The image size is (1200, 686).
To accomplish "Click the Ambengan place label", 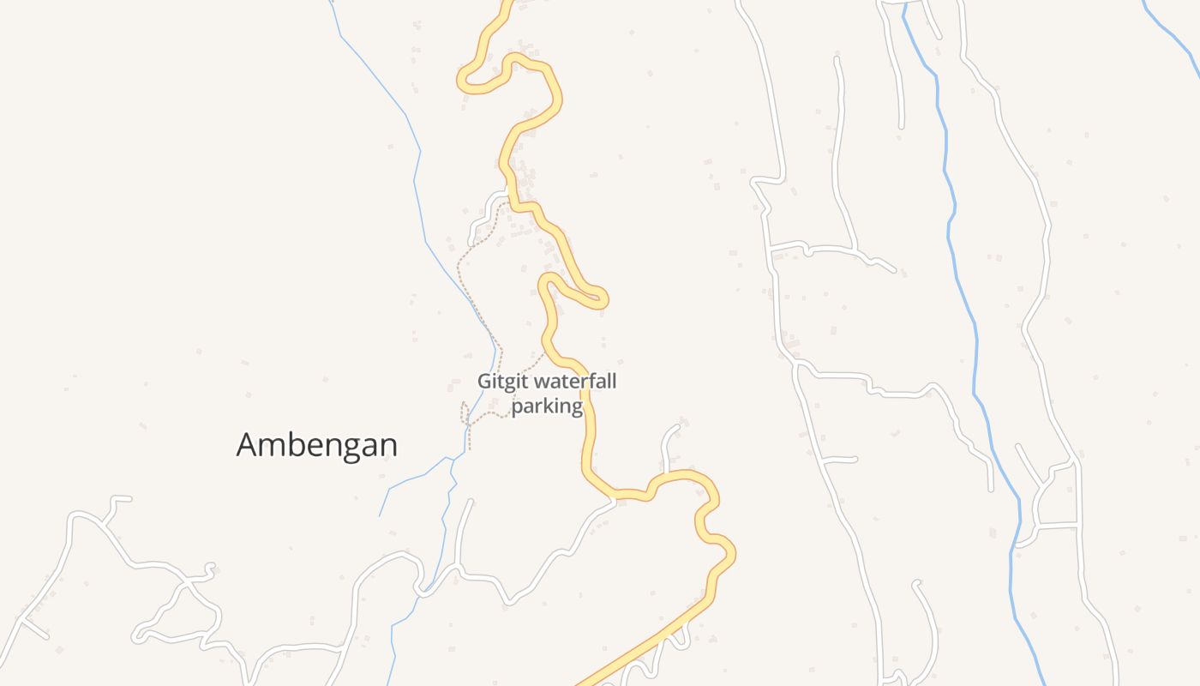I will [317, 445].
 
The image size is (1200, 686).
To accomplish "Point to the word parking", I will [547, 406].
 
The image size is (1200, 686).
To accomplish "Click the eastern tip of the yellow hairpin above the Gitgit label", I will [603, 299].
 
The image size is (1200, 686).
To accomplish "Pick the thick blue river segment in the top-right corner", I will [1170, 30].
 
